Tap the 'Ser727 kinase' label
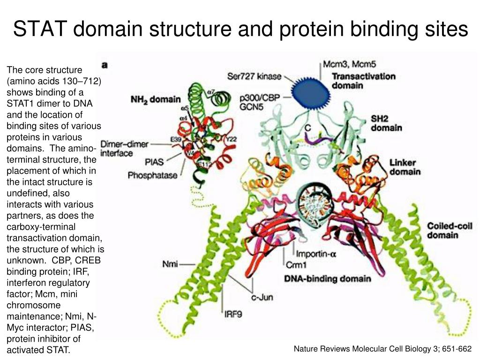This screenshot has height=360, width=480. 255,76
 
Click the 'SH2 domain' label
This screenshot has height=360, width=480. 386,123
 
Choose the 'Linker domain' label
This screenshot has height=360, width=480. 405,167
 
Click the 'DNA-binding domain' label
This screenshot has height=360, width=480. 328,278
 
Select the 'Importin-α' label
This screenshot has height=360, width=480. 317,255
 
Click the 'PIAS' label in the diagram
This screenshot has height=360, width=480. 154,162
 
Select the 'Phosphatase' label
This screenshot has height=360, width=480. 153,175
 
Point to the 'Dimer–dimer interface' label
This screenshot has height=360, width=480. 124,149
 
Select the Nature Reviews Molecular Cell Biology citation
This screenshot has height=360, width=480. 382,349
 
